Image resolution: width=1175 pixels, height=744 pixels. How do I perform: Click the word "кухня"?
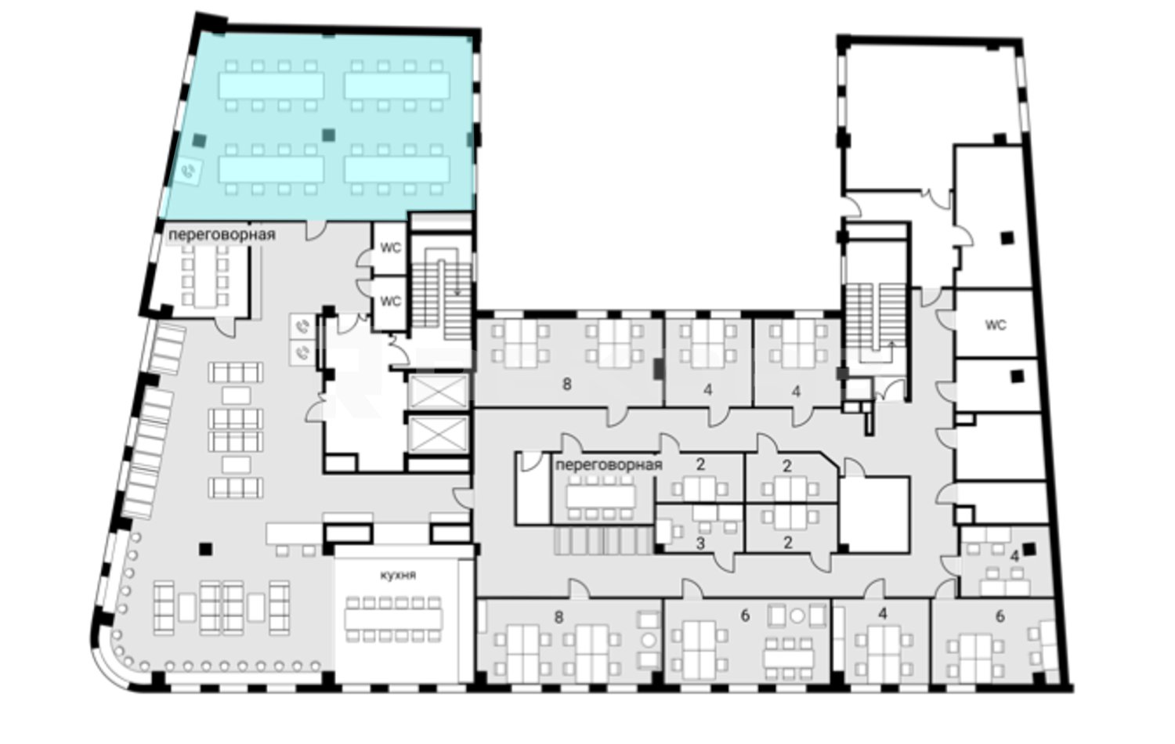(398, 575)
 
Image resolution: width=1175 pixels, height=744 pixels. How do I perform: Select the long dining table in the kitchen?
(393, 619)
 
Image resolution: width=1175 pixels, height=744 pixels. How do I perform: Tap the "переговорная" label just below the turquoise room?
(222, 234)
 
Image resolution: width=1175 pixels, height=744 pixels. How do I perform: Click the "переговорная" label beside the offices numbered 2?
(609, 464)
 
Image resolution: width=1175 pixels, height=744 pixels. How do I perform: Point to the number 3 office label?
(700, 544)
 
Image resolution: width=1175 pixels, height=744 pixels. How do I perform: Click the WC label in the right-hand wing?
(996, 325)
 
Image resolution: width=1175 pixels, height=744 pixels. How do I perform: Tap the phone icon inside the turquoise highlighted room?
(189, 171)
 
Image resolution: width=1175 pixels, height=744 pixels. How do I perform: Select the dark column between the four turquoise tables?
(328, 135)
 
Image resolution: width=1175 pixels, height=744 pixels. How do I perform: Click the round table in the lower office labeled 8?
(649, 640)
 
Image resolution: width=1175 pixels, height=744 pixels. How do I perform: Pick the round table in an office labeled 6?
(797, 616)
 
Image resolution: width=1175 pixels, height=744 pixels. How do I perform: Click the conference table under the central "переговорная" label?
(601, 496)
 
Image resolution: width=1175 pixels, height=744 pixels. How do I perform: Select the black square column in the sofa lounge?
(205, 549)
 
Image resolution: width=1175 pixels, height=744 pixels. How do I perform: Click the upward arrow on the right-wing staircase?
(891, 347)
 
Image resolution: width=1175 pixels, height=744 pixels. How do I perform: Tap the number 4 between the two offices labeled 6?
(883, 613)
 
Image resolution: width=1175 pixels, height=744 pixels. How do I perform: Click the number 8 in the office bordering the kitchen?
(559, 618)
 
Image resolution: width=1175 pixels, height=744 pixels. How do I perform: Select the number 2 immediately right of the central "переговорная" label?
(700, 464)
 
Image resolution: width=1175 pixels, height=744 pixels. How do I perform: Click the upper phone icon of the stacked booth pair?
(302, 327)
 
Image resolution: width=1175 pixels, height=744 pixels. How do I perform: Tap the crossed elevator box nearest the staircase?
(438, 391)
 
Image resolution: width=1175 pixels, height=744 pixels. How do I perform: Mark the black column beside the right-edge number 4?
(1029, 549)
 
